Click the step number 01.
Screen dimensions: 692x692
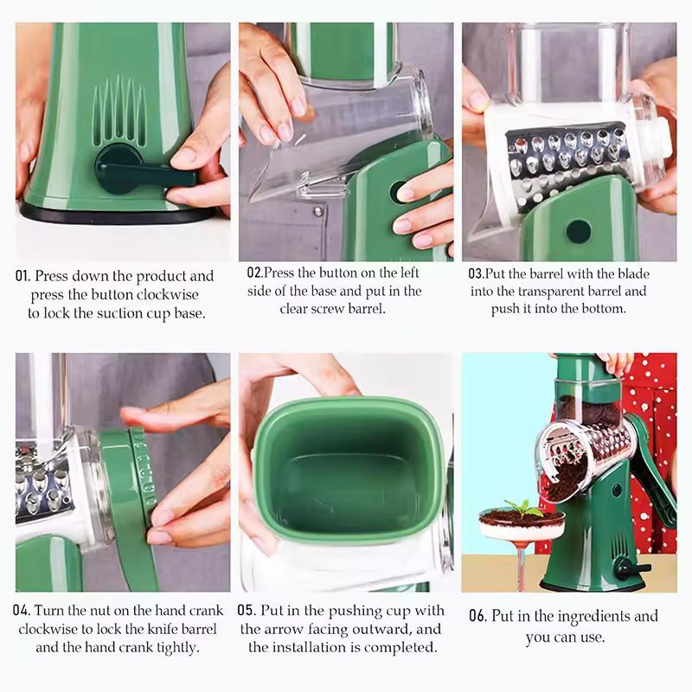pyautogui.click(x=23, y=277)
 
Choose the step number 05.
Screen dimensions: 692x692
pyautogui.click(x=247, y=611)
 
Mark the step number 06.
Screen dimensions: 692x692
pyautogui.click(x=477, y=617)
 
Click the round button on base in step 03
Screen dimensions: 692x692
pyautogui.click(x=578, y=231)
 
